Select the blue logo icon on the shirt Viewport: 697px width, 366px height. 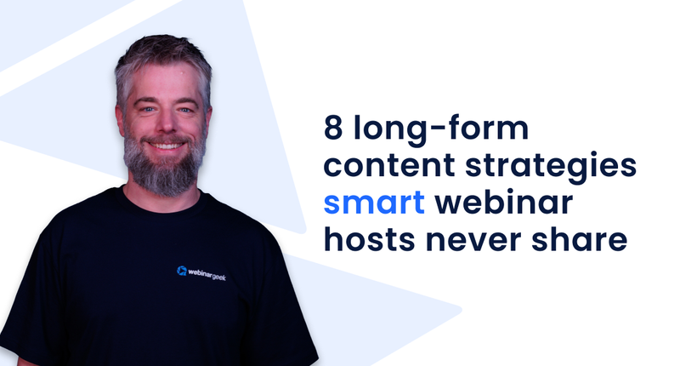tap(181, 272)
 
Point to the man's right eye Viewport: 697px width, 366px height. tap(144, 107)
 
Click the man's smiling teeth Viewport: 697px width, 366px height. tap(167, 146)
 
